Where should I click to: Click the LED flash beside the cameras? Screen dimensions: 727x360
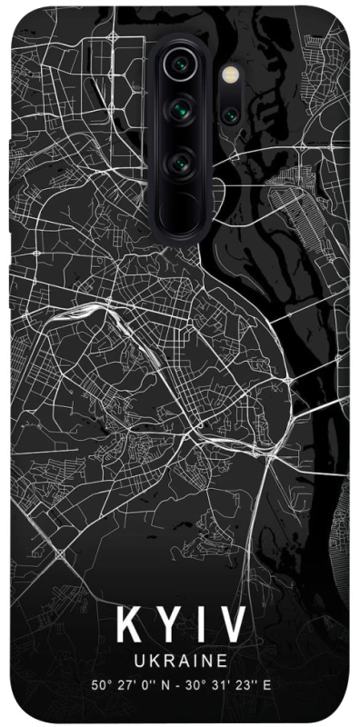229,69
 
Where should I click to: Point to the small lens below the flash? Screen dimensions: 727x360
229,115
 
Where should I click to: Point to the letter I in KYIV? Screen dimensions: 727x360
202,627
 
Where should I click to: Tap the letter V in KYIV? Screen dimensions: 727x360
234,627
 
